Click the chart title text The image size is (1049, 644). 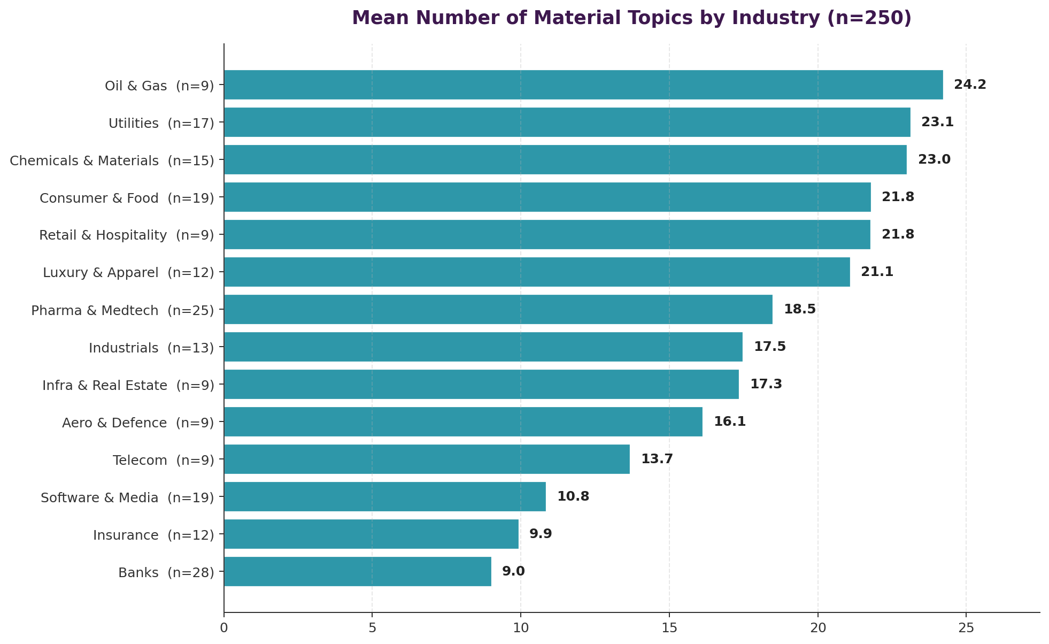coord(631,18)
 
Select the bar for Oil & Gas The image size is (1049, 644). coord(583,85)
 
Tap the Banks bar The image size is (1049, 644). coord(357,571)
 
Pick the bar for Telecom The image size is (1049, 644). coord(427,459)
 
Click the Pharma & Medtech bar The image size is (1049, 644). coord(498,309)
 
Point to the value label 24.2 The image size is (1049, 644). coord(970,85)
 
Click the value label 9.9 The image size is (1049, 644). coord(540,534)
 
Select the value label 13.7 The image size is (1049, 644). coord(657,459)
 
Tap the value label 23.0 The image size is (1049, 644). coord(934,159)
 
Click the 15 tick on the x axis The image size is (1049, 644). coord(669,627)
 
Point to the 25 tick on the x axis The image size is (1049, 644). coord(966,627)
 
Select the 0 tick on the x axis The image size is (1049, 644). coord(224,627)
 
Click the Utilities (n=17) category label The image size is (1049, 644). coord(161,124)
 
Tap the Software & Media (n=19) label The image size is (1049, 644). coord(127,498)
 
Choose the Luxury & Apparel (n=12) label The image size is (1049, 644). coord(128,273)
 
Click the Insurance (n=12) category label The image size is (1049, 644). coord(153,535)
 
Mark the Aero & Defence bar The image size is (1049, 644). coord(463,421)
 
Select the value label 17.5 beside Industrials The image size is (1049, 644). coord(769,347)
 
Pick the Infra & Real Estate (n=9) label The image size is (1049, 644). coord(128,385)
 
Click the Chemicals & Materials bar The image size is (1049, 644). coord(565,159)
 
